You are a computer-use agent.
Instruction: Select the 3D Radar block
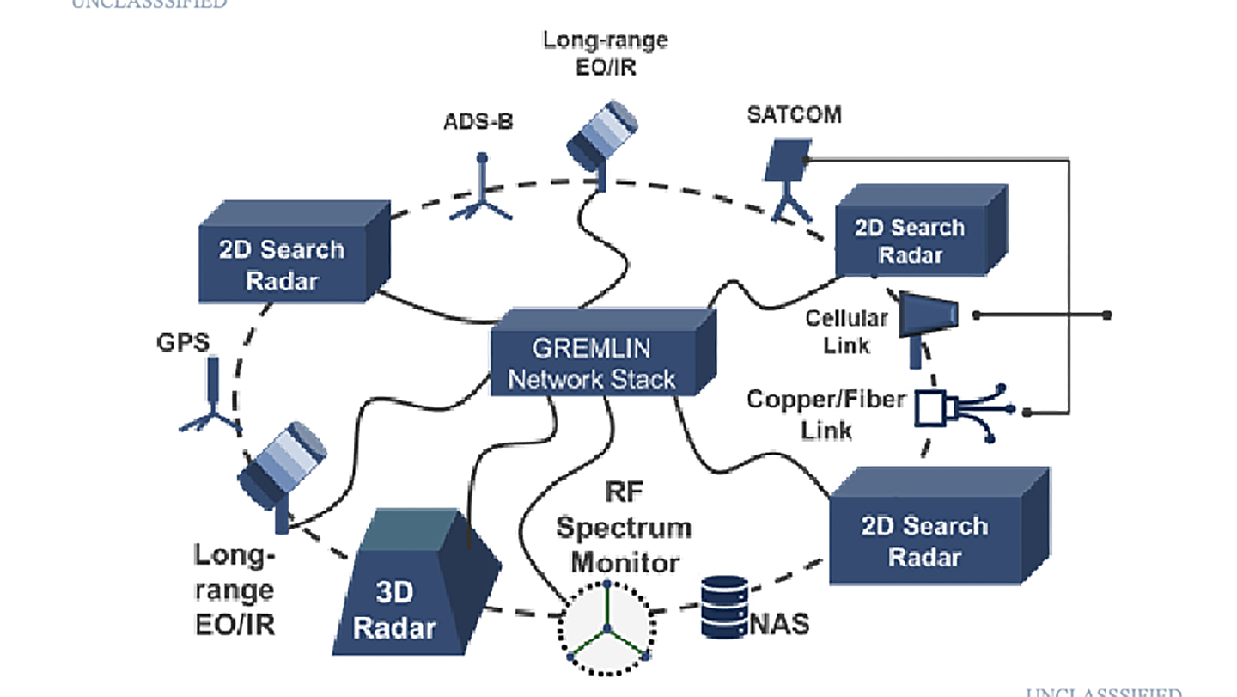point(404,593)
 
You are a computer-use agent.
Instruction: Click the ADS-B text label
point(478,121)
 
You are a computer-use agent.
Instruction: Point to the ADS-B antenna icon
point(481,191)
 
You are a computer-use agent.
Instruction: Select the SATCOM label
point(793,114)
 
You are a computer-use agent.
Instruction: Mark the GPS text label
point(183,341)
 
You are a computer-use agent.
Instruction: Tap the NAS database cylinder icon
point(723,607)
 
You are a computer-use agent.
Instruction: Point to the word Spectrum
point(623,527)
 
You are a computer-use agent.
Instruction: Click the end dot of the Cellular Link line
point(1107,315)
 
